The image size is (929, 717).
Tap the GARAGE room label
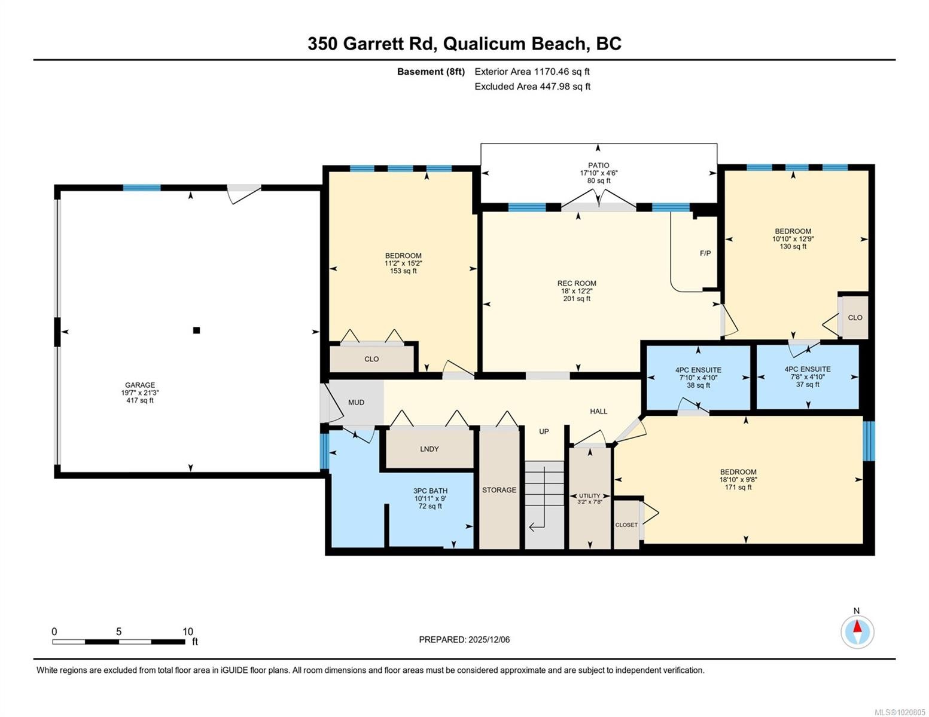pos(140,385)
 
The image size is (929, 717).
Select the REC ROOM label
pos(577,284)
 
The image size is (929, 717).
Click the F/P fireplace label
pos(705,253)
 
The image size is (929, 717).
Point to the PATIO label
pos(598,166)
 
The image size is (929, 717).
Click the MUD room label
pos(356,403)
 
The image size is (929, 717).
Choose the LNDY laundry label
pos(429,449)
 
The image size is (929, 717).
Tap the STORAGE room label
pos(499,490)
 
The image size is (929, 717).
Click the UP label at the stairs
pos(544,431)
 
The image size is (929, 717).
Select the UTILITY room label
pos(589,496)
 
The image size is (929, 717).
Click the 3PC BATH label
pos(430,491)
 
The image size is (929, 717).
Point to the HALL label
pos(598,411)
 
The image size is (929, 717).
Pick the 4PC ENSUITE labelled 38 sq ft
pos(698,370)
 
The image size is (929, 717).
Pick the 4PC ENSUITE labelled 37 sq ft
pos(808,369)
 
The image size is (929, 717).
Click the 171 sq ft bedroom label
pos(738,472)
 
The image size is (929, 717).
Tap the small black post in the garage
pos(196,330)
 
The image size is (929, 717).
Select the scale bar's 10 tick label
pos(188,632)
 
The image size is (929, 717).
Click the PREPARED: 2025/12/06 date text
pos(464,639)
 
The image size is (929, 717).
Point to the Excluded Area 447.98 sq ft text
pos(532,87)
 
